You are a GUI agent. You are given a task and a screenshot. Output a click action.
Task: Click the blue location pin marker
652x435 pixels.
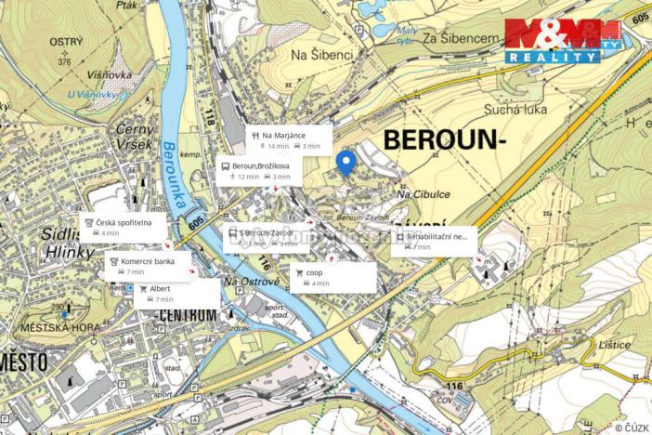pyautogui.click(x=346, y=164)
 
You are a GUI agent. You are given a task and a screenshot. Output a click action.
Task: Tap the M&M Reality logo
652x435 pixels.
pyautogui.click(x=563, y=41)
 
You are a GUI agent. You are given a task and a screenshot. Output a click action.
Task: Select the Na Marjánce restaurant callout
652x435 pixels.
pyautogui.click(x=289, y=139)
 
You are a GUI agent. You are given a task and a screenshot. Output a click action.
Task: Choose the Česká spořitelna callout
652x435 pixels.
pyautogui.click(x=124, y=227)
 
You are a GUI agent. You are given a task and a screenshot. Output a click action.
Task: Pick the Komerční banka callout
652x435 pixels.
pyautogui.click(x=148, y=266)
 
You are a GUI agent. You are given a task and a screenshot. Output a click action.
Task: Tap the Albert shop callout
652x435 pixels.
pyautogui.click(x=177, y=294)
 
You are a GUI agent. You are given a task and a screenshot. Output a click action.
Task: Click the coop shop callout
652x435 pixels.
pyautogui.click(x=333, y=277)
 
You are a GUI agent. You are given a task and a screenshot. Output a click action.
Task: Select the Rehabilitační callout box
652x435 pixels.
pyautogui.click(x=433, y=242)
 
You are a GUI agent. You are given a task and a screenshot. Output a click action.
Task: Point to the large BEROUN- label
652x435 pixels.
pyautogui.click(x=444, y=140)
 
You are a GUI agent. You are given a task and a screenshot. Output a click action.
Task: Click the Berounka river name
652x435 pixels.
pyautogui.click(x=173, y=178)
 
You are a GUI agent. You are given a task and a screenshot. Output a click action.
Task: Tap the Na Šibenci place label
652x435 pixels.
pyautogui.click(x=322, y=55)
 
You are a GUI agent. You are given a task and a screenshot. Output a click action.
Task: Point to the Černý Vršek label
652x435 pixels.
pyautogui.click(x=135, y=138)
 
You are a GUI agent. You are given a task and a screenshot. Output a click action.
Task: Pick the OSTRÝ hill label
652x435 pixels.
pyautogui.click(x=67, y=43)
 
